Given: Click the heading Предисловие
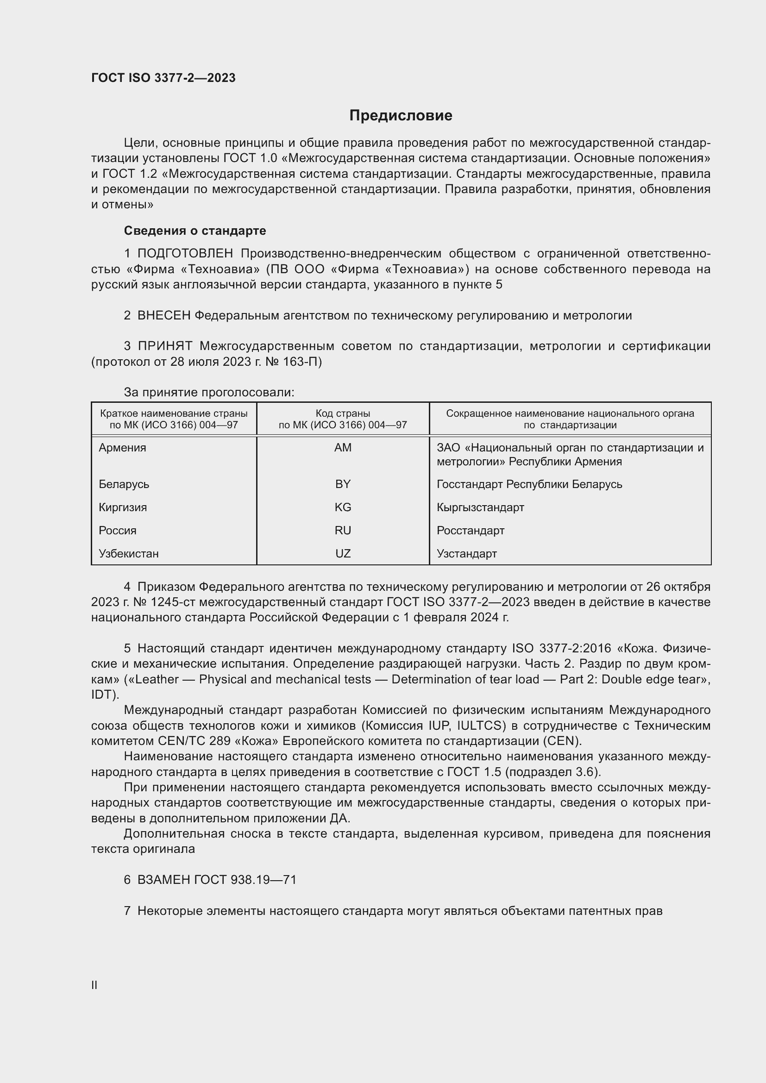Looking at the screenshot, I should pos(401,116).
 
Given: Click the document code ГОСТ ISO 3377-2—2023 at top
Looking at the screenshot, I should pos(163,78).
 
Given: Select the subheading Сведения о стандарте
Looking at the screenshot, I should pos(195,231).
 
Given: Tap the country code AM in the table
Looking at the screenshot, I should pos(343,448).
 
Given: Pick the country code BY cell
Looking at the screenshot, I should pos(343,484).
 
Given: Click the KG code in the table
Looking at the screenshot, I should pos(343,507).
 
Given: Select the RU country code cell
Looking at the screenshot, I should pos(343,531).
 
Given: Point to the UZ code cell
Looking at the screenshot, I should pos(343,554).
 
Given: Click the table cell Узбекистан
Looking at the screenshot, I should pos(129,554).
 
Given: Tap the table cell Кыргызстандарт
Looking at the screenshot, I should pos(480,507).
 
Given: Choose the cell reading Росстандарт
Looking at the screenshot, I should pos(470,531).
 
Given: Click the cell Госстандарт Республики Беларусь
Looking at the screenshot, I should pos(529,484).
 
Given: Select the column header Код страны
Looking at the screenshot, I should pos(343,413).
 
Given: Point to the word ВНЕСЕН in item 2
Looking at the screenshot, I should pos(163,316).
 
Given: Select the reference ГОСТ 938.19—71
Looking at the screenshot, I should pos(245,880).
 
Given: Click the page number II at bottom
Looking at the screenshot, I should pos(94,985).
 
